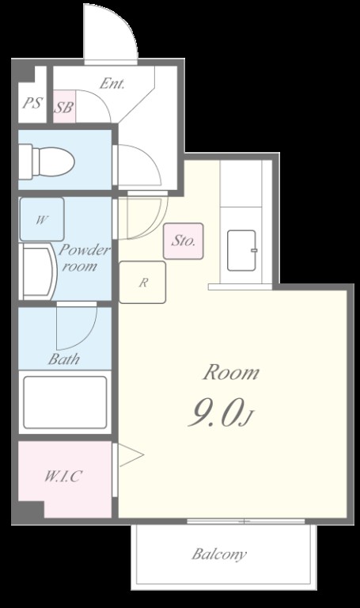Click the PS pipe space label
point(32,103)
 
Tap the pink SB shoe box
point(64,106)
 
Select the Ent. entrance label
point(112,83)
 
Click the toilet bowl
point(47,161)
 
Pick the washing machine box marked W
point(42,219)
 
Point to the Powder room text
point(83,258)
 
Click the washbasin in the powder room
point(38,272)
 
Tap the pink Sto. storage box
point(184,241)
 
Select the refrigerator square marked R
point(142,283)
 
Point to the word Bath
point(64,359)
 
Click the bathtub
point(65,402)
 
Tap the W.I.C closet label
point(63,476)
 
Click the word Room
point(231,372)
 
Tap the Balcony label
point(219,554)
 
